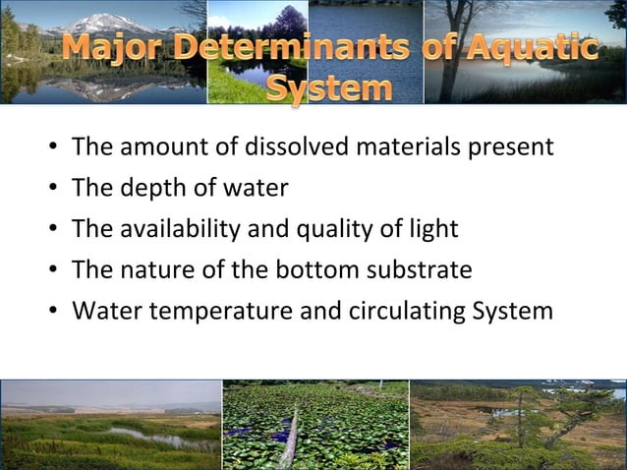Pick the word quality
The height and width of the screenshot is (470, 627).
point(330,230)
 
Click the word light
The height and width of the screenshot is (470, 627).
point(434,230)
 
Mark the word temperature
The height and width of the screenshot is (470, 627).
point(214,312)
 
